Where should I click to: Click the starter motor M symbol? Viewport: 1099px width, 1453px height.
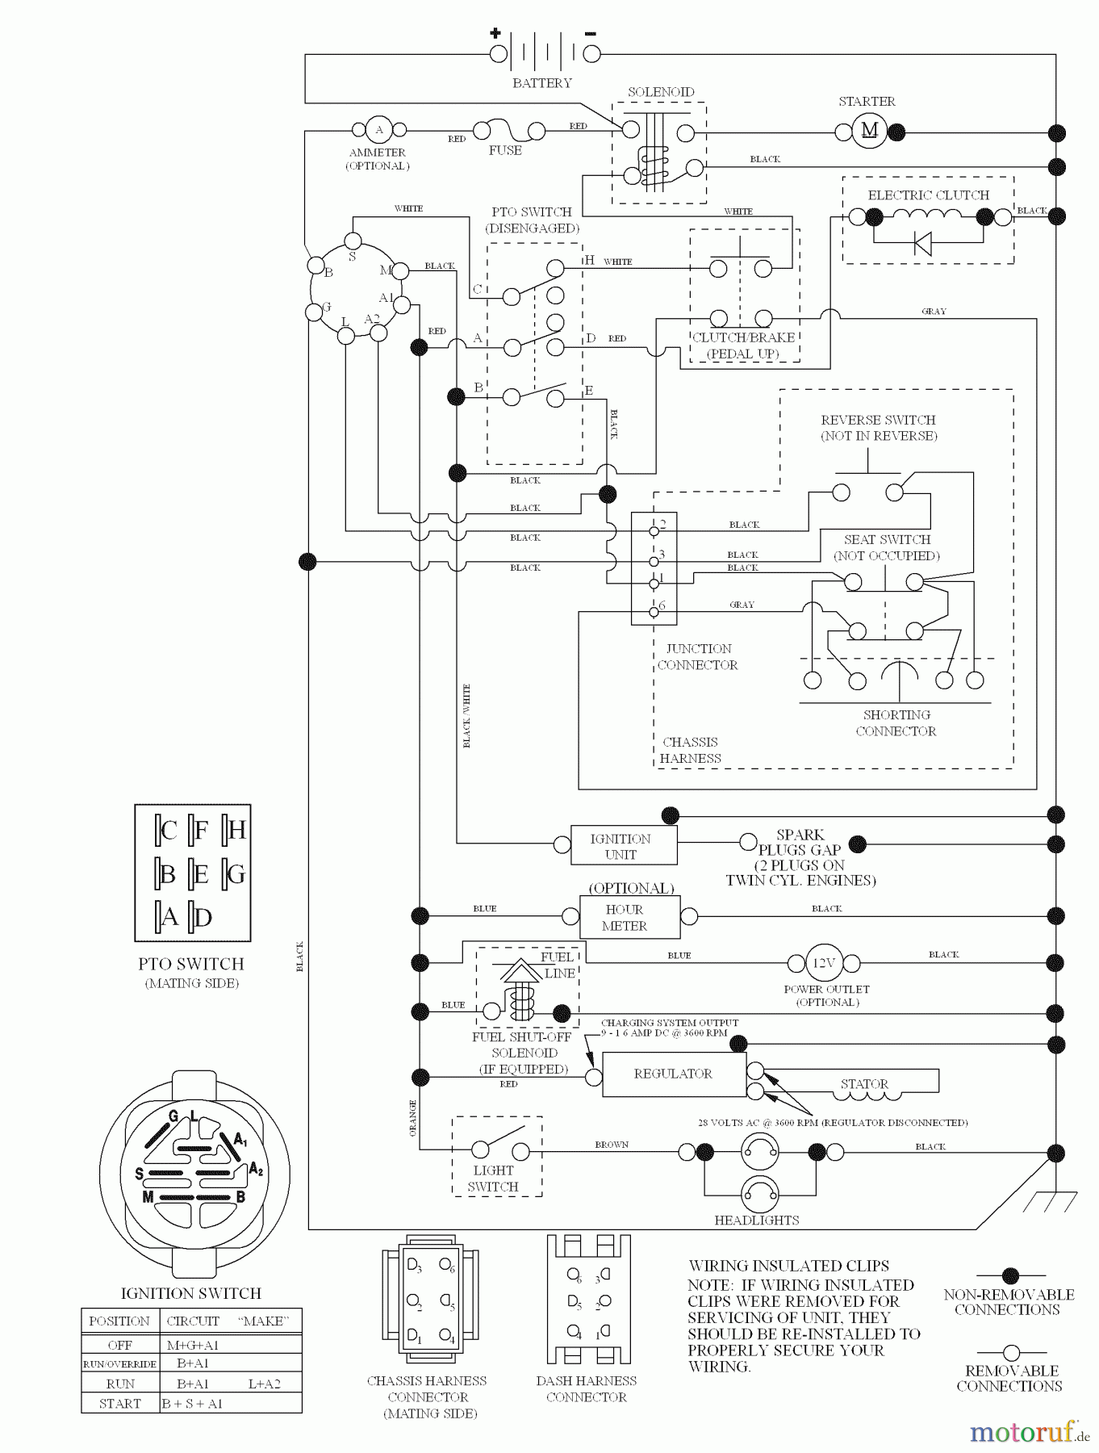pyautogui.click(x=869, y=131)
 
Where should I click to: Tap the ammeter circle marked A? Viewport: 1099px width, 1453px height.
pyautogui.click(x=378, y=129)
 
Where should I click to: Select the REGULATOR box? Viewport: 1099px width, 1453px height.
pyautogui.click(x=674, y=1074)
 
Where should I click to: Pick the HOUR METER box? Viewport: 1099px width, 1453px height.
pyautogui.click(x=629, y=917)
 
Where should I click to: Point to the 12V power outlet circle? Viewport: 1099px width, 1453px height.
pyautogui.click(x=823, y=962)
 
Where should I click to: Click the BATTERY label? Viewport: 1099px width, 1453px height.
pyautogui.click(x=542, y=83)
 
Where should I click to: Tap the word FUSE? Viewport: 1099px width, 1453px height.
pyautogui.click(x=505, y=150)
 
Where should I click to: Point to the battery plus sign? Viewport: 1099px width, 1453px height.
pyautogui.click(x=495, y=34)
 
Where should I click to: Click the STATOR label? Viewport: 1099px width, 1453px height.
pyautogui.click(x=864, y=1084)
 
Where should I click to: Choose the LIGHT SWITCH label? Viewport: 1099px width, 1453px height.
pyautogui.click(x=493, y=1179)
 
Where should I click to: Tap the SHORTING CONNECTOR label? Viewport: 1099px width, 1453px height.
pyautogui.click(x=896, y=723)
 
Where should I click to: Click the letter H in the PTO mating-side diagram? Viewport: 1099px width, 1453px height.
pyautogui.click(x=236, y=831)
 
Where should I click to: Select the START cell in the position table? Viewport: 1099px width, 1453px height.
pyautogui.click(x=119, y=1403)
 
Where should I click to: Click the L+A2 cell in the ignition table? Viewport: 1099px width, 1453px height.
pyautogui.click(x=264, y=1384)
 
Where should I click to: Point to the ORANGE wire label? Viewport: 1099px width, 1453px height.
pyautogui.click(x=413, y=1118)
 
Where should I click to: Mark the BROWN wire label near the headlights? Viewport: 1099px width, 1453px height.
pyautogui.click(x=612, y=1145)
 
